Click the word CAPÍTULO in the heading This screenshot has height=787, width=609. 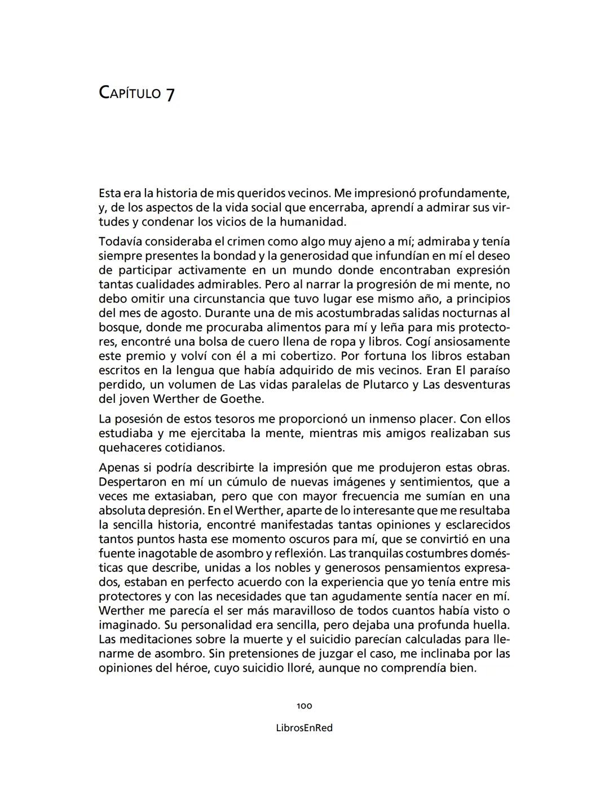pos(130,92)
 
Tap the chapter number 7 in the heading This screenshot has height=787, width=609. pos(170,94)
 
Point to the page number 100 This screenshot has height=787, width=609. pos(304,706)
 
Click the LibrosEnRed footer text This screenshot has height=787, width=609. pos(304,728)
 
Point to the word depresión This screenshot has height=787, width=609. pos(175,510)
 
